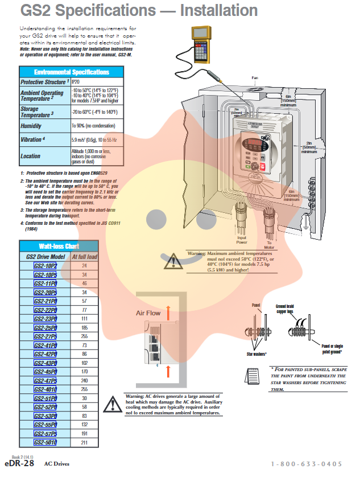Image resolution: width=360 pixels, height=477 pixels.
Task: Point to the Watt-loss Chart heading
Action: click(x=59, y=246)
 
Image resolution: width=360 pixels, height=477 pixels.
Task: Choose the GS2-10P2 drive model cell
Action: click(x=45, y=266)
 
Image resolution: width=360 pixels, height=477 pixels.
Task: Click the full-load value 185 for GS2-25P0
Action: click(x=84, y=328)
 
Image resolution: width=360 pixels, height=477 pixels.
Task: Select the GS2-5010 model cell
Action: click(x=45, y=442)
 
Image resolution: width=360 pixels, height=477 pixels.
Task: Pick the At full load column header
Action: click(x=84, y=257)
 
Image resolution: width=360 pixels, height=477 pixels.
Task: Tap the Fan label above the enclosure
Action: click(x=255, y=78)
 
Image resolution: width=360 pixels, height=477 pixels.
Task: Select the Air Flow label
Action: click(x=148, y=313)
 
